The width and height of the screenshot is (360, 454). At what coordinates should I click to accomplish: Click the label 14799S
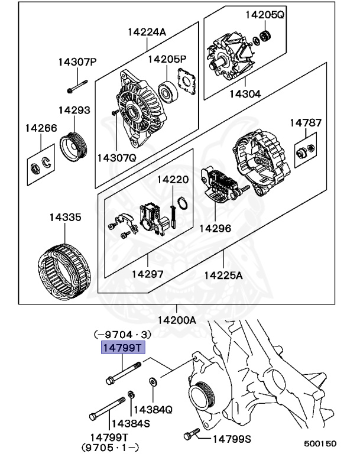pos(232,438)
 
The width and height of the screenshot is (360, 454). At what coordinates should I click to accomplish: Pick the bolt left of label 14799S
pos(191,435)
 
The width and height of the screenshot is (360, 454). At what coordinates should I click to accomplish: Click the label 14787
pos(305,123)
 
